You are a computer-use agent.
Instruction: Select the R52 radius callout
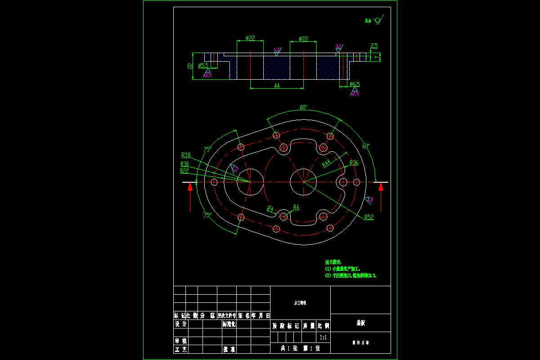tap(369, 217)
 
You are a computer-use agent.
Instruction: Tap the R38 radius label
tap(186, 155)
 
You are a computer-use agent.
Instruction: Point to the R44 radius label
tap(326, 163)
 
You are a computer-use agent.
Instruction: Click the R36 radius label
tap(354, 162)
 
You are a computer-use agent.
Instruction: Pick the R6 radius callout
tap(296, 207)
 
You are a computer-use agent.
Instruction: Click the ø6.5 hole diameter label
tap(355, 84)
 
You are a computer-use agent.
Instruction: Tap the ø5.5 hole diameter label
tap(203, 65)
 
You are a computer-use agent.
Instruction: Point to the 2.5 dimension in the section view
tap(374, 45)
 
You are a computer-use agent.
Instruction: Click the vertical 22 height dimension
tap(190, 66)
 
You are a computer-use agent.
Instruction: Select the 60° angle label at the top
tap(303, 107)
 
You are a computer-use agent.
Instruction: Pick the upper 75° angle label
tap(207, 149)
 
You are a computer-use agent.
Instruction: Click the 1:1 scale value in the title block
tap(323, 337)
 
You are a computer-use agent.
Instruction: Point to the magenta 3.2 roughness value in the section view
tap(338, 46)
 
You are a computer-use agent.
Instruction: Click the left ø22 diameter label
tap(250, 39)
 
